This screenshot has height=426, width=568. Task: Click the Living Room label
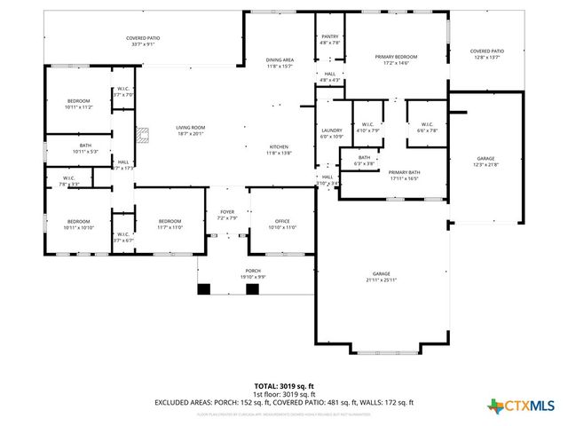click(x=190, y=130)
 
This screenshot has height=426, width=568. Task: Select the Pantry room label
click(x=328, y=40)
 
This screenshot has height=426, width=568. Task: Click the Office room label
click(x=281, y=224)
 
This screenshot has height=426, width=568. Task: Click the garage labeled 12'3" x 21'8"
click(x=485, y=161)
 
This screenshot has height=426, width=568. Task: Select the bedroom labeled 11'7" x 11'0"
click(x=170, y=224)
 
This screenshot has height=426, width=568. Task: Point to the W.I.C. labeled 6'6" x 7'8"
click(x=426, y=127)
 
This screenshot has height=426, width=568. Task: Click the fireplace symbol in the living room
click(x=141, y=137)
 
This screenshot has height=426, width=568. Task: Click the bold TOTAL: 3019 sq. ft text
click(x=284, y=386)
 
